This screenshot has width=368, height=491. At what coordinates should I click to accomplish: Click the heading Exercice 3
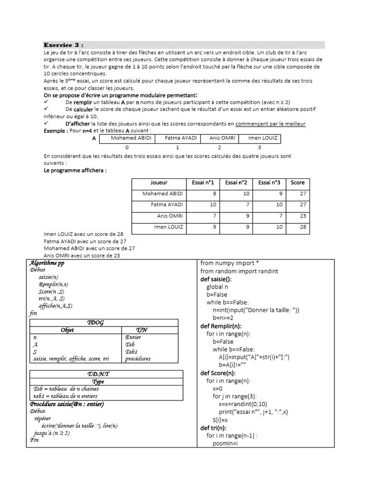pos(64,45)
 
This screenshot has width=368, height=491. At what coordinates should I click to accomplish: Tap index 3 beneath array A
pos(260,148)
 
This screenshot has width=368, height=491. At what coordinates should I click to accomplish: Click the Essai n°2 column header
pos(236,183)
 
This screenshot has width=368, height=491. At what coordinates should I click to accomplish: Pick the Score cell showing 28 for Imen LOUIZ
pos(297,227)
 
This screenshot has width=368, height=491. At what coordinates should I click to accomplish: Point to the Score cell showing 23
pos(297,216)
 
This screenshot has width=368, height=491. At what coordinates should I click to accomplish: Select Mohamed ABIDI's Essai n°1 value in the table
pos(206,194)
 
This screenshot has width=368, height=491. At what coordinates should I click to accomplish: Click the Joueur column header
pos(159,183)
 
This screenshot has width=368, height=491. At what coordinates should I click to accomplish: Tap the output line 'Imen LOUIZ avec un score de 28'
pos(84,234)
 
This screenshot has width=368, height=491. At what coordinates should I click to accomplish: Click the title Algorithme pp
pos(47,263)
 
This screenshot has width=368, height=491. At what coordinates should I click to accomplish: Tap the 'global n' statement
pos(218,287)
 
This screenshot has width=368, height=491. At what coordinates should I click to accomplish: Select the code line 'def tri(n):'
pos(213,428)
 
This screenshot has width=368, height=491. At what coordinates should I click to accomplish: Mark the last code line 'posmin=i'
pos(225,444)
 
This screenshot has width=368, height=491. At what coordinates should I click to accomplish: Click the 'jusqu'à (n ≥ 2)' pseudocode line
pos(49,433)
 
